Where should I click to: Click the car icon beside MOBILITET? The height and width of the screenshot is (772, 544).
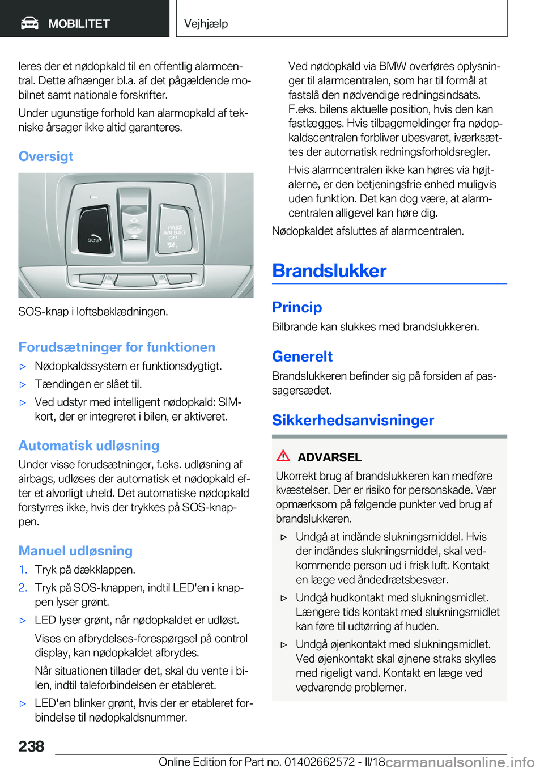tap(29, 23)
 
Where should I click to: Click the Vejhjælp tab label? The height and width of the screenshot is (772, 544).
tap(206, 24)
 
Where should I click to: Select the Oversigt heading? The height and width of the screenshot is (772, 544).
tap(46, 156)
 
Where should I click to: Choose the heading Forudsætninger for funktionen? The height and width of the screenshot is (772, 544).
tap(117, 347)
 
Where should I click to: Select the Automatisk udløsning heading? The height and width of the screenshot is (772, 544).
tap(89, 446)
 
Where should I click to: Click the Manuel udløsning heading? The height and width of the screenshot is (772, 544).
tap(75, 551)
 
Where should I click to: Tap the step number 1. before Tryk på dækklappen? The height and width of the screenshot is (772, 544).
tap(23, 570)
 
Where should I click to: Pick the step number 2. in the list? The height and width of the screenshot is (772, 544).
tap(23, 588)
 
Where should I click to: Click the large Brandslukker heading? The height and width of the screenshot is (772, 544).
tap(329, 271)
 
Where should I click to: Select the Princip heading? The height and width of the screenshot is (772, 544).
tap(297, 307)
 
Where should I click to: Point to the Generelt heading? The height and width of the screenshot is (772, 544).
tap(302, 357)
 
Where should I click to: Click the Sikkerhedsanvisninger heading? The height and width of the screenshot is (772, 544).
tap(353, 421)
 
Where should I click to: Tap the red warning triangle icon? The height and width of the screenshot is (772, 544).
tap(283, 456)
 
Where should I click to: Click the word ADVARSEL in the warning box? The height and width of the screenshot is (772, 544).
tap(330, 457)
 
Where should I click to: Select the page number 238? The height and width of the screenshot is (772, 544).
tap(31, 746)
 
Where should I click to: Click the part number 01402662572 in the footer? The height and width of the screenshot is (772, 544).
tap(320, 762)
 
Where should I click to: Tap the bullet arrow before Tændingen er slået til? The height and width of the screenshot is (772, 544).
tap(23, 384)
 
